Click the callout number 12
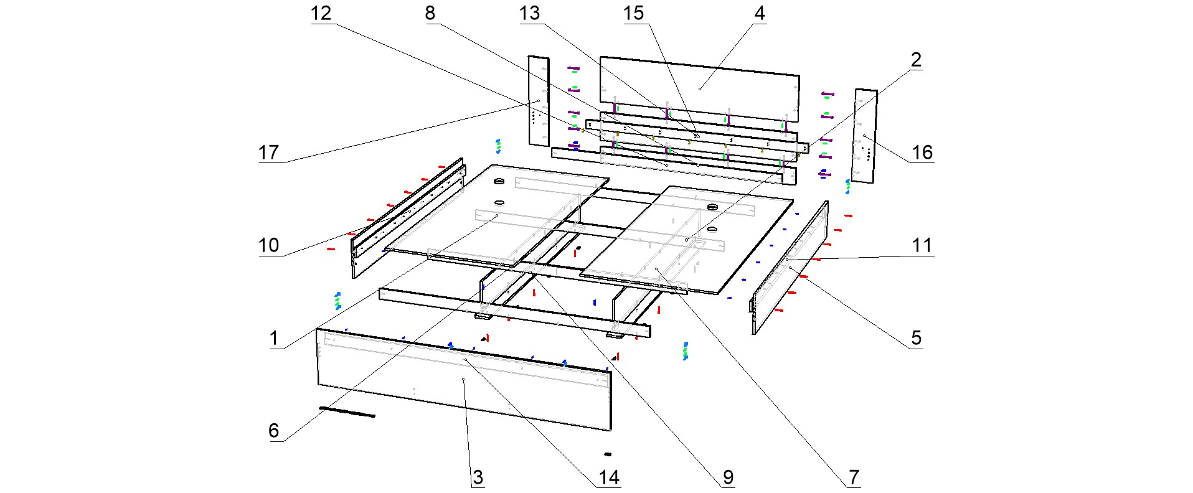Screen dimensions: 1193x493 pyautogui.click(x=321, y=13)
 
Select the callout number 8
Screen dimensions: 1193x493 pyautogui.click(x=430, y=13)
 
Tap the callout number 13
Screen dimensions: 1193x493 pyautogui.click(x=530, y=13)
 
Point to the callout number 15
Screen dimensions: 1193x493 pyautogui.click(x=634, y=13)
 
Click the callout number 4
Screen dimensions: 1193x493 pyautogui.click(x=760, y=13)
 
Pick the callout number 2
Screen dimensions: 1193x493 pyautogui.click(x=916, y=60)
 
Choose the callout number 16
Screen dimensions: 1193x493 pyautogui.click(x=922, y=153)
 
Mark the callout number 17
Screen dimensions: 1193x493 pyautogui.click(x=269, y=153)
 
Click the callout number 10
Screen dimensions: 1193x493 pyautogui.click(x=269, y=245)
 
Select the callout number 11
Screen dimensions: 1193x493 pyautogui.click(x=922, y=245)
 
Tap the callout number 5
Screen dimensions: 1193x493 pyautogui.click(x=916, y=338)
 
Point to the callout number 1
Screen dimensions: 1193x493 pyautogui.click(x=274, y=338)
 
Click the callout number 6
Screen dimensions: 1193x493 pyautogui.click(x=274, y=431)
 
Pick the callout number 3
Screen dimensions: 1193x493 pyautogui.click(x=478, y=477)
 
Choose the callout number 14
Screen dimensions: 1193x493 pyautogui.click(x=609, y=477)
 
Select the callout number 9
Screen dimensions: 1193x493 pyautogui.click(x=729, y=477)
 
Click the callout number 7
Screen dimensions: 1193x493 pyautogui.click(x=854, y=477)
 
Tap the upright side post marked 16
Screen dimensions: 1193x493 pyautogui.click(x=864, y=136)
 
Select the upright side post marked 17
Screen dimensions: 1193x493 pyautogui.click(x=539, y=101)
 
